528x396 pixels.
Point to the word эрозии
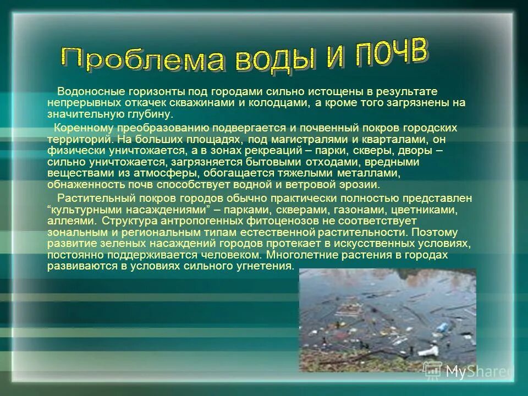click(x=357, y=185)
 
